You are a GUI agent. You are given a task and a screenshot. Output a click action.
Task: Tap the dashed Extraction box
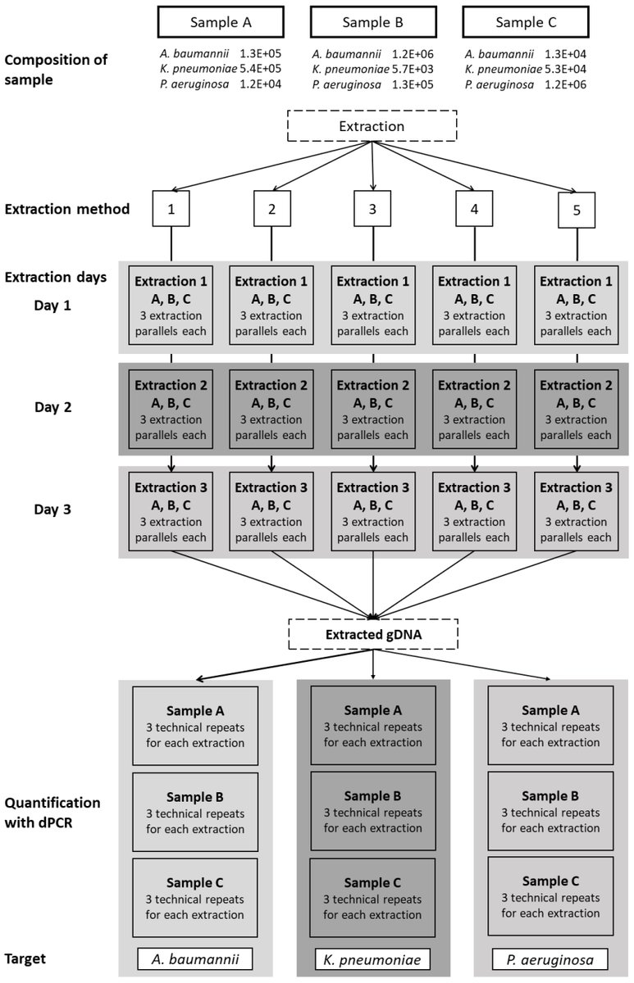pyautogui.click(x=372, y=127)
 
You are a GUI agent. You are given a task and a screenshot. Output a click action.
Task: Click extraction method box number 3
pyautogui.click(x=373, y=209)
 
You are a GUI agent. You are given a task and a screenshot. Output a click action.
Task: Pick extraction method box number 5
pyautogui.click(x=576, y=211)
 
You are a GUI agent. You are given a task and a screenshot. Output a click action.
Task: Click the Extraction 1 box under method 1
pyautogui.click(x=171, y=306)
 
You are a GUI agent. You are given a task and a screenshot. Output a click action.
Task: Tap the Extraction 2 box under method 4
pyautogui.click(x=474, y=407)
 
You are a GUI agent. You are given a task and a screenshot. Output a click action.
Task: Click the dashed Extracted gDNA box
pyautogui.click(x=373, y=633)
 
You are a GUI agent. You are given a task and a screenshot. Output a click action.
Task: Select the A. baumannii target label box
pyautogui.click(x=195, y=958)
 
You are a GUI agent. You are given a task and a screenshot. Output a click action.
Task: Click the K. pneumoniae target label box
pyautogui.click(x=373, y=958)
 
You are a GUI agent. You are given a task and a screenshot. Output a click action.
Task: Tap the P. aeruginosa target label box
pyautogui.click(x=550, y=958)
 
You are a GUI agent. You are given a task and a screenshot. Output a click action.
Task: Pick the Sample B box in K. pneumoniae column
pyautogui.click(x=373, y=810)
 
